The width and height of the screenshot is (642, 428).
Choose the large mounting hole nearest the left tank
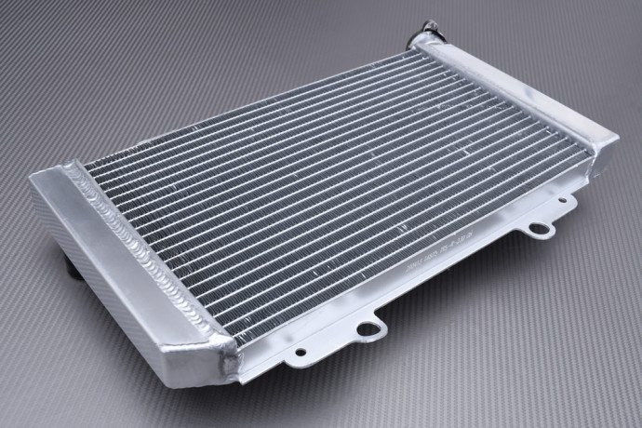pos(368,328)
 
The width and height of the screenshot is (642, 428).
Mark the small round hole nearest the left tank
pos(300,353)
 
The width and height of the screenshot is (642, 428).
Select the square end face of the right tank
pos(603,153)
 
